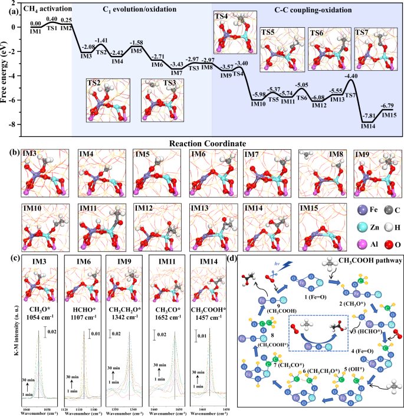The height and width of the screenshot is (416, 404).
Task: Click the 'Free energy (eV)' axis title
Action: pyautogui.click(x=5, y=65)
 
